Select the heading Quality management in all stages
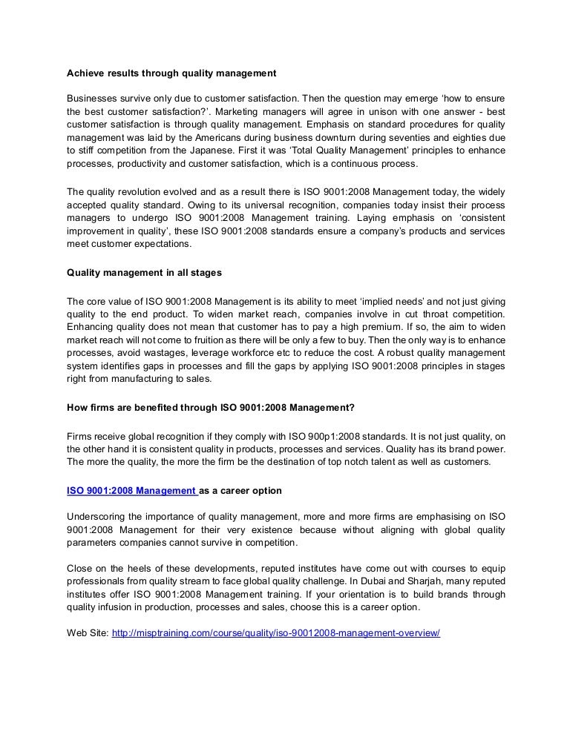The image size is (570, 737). tap(144, 273)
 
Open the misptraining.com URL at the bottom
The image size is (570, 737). tap(275, 635)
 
